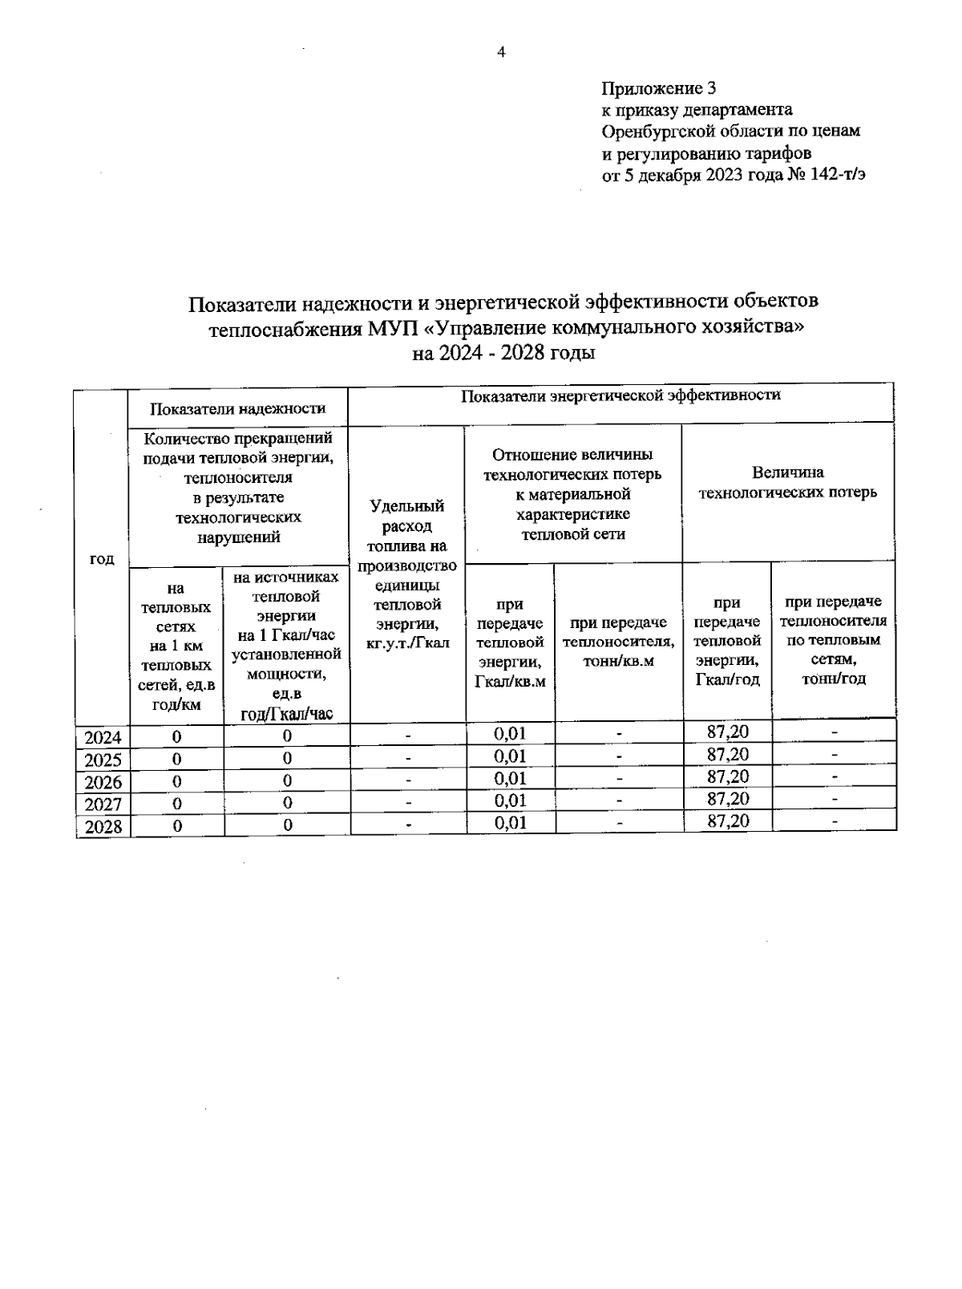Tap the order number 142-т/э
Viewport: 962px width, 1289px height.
point(838,176)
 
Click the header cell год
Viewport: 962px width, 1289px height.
point(101,559)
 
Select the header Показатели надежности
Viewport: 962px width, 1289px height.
point(238,408)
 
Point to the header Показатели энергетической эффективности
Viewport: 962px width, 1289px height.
point(620,395)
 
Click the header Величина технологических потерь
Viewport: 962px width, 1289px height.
point(787,483)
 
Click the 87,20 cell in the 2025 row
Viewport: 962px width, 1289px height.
point(728,754)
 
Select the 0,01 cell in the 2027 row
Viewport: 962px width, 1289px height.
point(510,800)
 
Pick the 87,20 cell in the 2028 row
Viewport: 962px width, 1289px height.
point(728,821)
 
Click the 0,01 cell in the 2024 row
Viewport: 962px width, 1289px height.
point(510,732)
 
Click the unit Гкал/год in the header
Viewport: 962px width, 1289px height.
point(728,680)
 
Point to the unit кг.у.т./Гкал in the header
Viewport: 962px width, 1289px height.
point(407,643)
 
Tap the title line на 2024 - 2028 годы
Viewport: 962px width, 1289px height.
point(503,354)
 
